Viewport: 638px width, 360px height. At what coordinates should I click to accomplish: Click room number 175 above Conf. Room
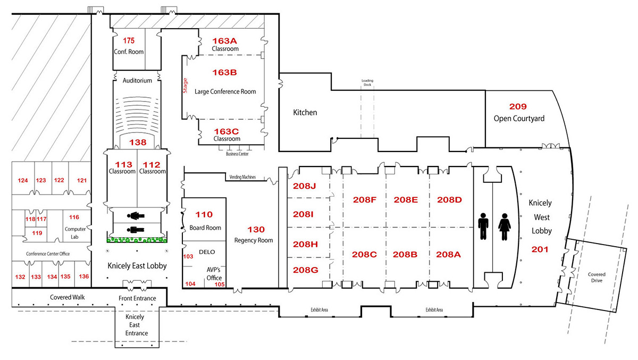coord(129,40)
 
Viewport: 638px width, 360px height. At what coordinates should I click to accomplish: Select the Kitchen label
coord(305,112)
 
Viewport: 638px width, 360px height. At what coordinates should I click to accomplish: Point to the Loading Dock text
coord(368,82)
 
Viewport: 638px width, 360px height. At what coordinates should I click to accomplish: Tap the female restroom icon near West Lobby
coord(504,228)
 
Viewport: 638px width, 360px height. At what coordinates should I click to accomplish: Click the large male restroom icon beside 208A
coord(483,228)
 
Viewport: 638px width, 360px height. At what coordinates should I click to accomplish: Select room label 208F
coord(365,200)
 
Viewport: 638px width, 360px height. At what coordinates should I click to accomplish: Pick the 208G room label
coord(305,270)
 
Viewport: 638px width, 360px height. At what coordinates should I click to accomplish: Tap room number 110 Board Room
coord(204,214)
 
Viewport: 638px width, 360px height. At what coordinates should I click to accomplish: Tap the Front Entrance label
coord(137,298)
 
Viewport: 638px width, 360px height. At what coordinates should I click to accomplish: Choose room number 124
coord(22,180)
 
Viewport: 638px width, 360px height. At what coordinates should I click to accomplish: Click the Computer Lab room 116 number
coord(74,217)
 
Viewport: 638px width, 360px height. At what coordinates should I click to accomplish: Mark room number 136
coord(83,277)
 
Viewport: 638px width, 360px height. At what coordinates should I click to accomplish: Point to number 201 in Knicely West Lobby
coord(540,249)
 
